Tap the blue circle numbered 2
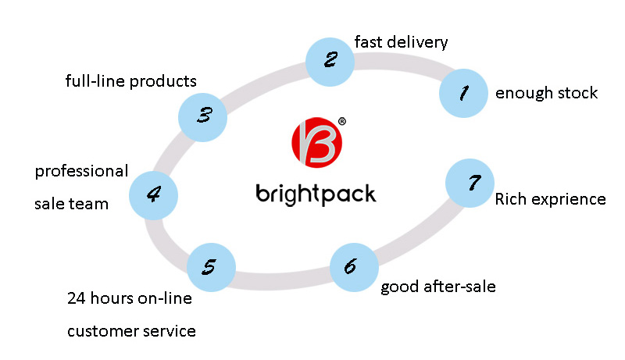[x=330, y=59]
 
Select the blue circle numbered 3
[x=203, y=116]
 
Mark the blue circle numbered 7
[x=470, y=183]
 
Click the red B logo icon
[x=317, y=144]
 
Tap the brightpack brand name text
[x=316, y=193]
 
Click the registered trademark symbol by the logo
[x=342, y=122]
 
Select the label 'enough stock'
[x=546, y=94]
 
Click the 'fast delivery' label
[x=401, y=41]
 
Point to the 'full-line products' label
[x=130, y=80]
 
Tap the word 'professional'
[x=81, y=171]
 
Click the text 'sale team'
[x=71, y=204]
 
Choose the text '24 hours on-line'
[x=129, y=298]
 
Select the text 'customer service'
[x=131, y=331]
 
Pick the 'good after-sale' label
[x=437, y=287]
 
